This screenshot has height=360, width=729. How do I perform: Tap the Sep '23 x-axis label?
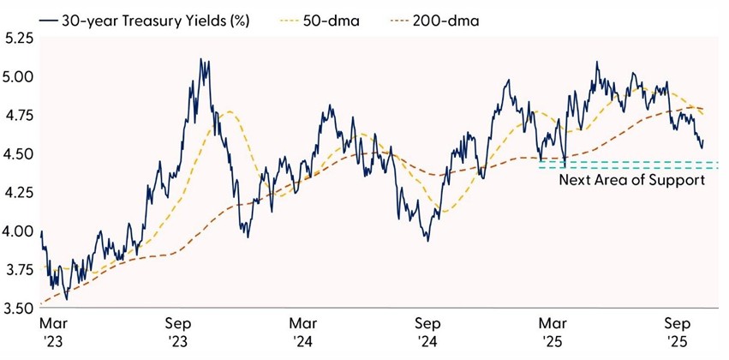click(178, 333)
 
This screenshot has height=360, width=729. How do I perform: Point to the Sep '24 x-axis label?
click(428, 333)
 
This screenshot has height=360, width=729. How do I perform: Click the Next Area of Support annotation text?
click(631, 180)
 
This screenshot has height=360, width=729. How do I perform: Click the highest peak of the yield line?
click(200, 60)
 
